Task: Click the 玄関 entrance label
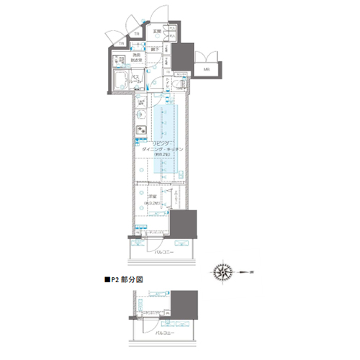point(157,32)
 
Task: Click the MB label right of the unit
point(206,69)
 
